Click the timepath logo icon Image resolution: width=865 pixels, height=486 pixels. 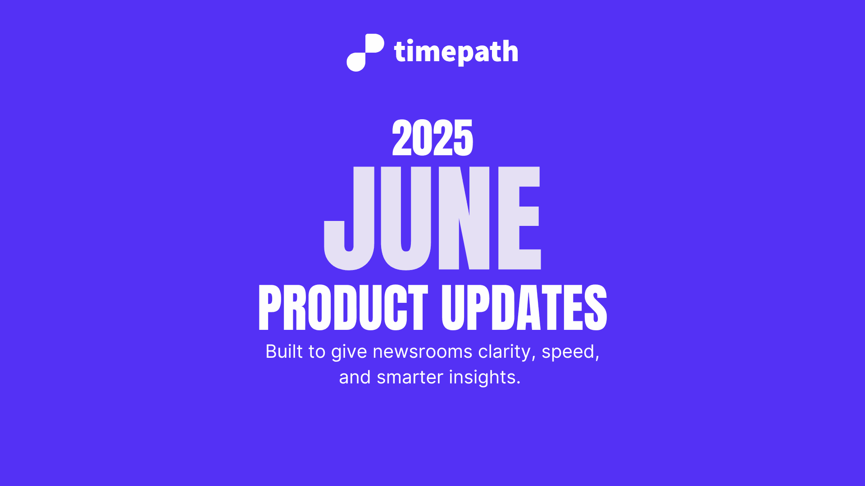pyautogui.click(x=365, y=52)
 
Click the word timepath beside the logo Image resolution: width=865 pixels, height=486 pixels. pyautogui.click(x=456, y=52)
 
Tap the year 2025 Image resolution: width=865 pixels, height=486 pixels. pyautogui.click(x=432, y=138)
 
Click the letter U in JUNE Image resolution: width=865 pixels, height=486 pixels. pyautogui.click(x=406, y=218)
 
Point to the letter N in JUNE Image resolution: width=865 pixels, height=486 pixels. pyautogui.click(x=464, y=218)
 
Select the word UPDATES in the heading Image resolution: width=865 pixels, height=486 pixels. pyautogui.click(x=524, y=308)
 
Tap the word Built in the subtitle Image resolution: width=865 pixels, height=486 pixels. pyautogui.click(x=284, y=351)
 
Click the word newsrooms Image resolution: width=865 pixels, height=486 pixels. pyautogui.click(x=422, y=351)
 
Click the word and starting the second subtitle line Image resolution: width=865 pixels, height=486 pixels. pyautogui.click(x=355, y=377)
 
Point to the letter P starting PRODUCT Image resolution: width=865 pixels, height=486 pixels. pyautogui.click(x=269, y=308)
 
